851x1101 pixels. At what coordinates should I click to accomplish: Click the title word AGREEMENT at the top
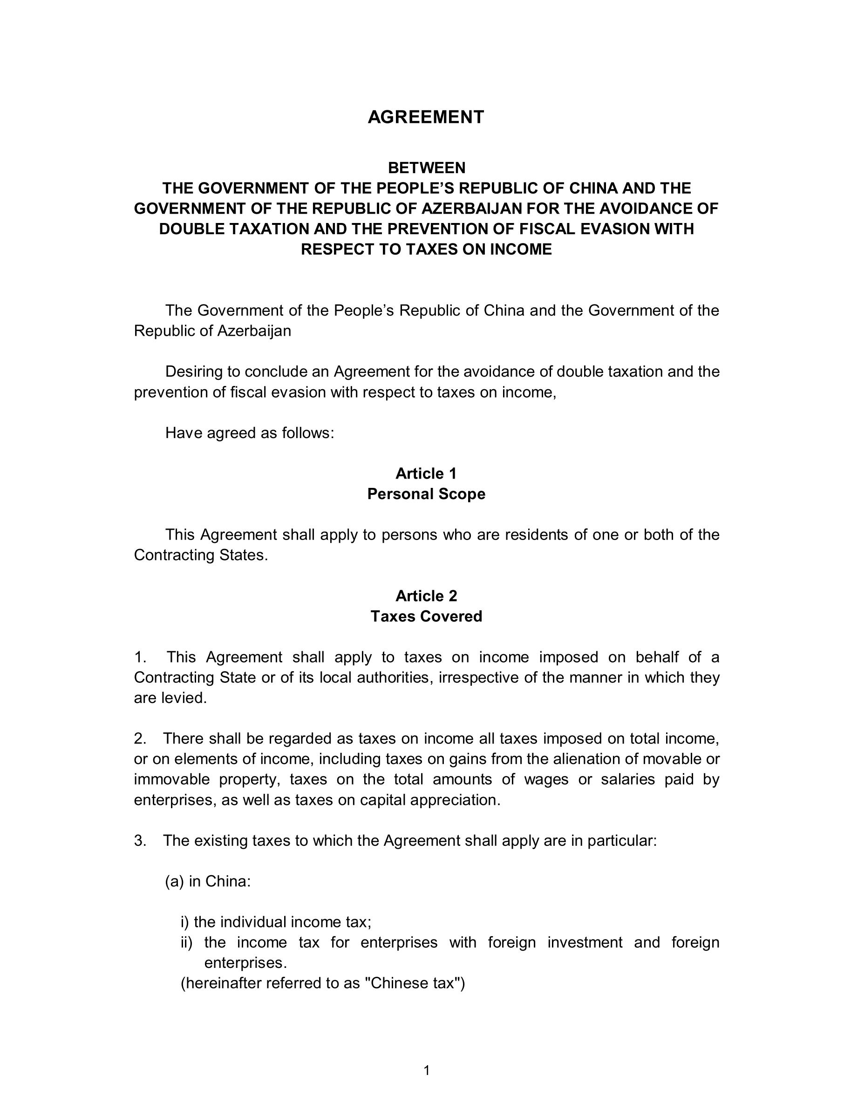(426, 117)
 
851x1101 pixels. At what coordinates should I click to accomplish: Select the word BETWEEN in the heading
(426, 168)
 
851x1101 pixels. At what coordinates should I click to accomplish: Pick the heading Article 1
(426, 473)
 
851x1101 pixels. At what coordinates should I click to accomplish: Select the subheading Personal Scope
(426, 494)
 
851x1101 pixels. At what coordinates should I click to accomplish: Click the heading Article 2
(426, 596)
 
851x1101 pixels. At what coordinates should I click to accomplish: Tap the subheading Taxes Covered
(426, 616)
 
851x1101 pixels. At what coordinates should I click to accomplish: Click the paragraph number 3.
(140, 841)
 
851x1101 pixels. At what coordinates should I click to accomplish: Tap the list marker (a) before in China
(174, 882)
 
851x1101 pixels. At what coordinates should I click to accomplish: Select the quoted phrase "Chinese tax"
(412, 984)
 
